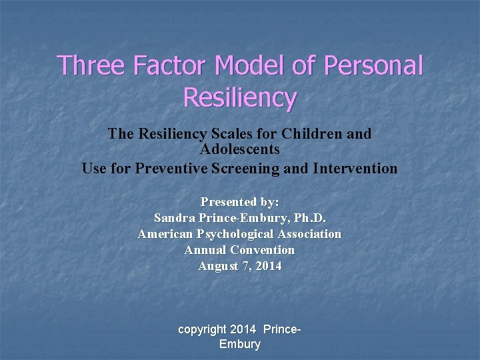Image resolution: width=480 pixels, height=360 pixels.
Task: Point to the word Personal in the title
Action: click(x=377, y=66)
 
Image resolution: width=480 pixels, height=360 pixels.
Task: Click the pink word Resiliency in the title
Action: click(x=239, y=97)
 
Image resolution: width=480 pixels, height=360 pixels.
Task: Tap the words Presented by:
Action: click(x=239, y=201)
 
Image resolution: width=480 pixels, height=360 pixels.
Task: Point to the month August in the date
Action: click(x=217, y=266)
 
